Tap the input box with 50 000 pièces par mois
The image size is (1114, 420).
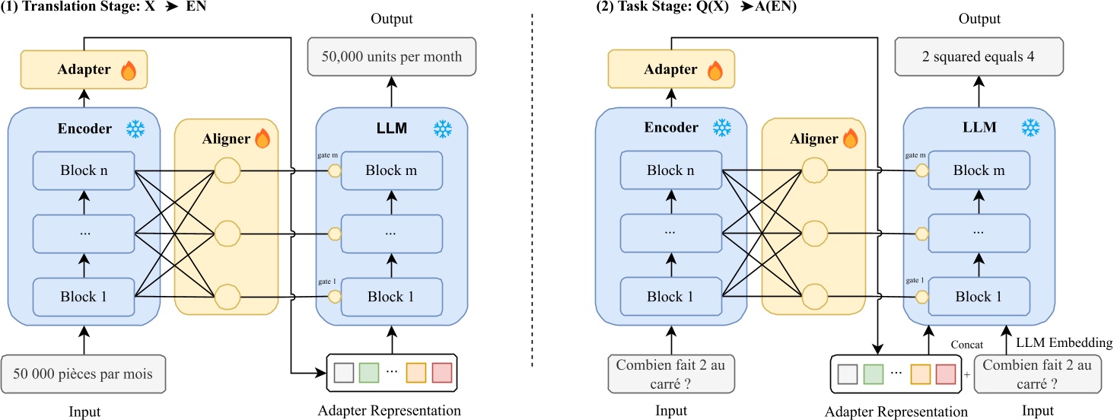83,374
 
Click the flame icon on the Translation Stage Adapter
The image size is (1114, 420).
128,71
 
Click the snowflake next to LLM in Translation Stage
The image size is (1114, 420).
441,128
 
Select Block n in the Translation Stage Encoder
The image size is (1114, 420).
83,170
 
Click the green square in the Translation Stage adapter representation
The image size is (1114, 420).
368,373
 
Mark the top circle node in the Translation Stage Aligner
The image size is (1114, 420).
227,171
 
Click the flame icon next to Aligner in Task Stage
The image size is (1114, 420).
849,138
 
